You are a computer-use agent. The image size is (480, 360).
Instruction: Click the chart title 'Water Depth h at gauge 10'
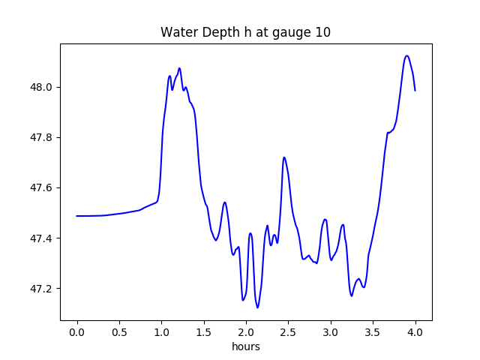245,32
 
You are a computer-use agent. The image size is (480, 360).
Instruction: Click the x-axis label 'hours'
245,347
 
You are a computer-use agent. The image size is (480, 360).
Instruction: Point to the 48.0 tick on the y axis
42,87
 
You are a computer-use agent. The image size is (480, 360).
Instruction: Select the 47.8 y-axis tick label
42,137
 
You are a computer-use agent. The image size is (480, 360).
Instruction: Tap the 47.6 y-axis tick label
42,188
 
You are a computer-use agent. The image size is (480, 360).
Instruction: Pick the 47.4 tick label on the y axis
42,238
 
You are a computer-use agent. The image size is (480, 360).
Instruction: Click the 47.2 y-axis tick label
42,289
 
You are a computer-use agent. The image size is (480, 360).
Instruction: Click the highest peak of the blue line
406,55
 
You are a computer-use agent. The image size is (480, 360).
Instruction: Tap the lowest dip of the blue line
257,307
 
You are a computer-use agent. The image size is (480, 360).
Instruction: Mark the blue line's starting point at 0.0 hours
77,216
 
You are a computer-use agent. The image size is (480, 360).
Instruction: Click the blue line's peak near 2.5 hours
283,157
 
